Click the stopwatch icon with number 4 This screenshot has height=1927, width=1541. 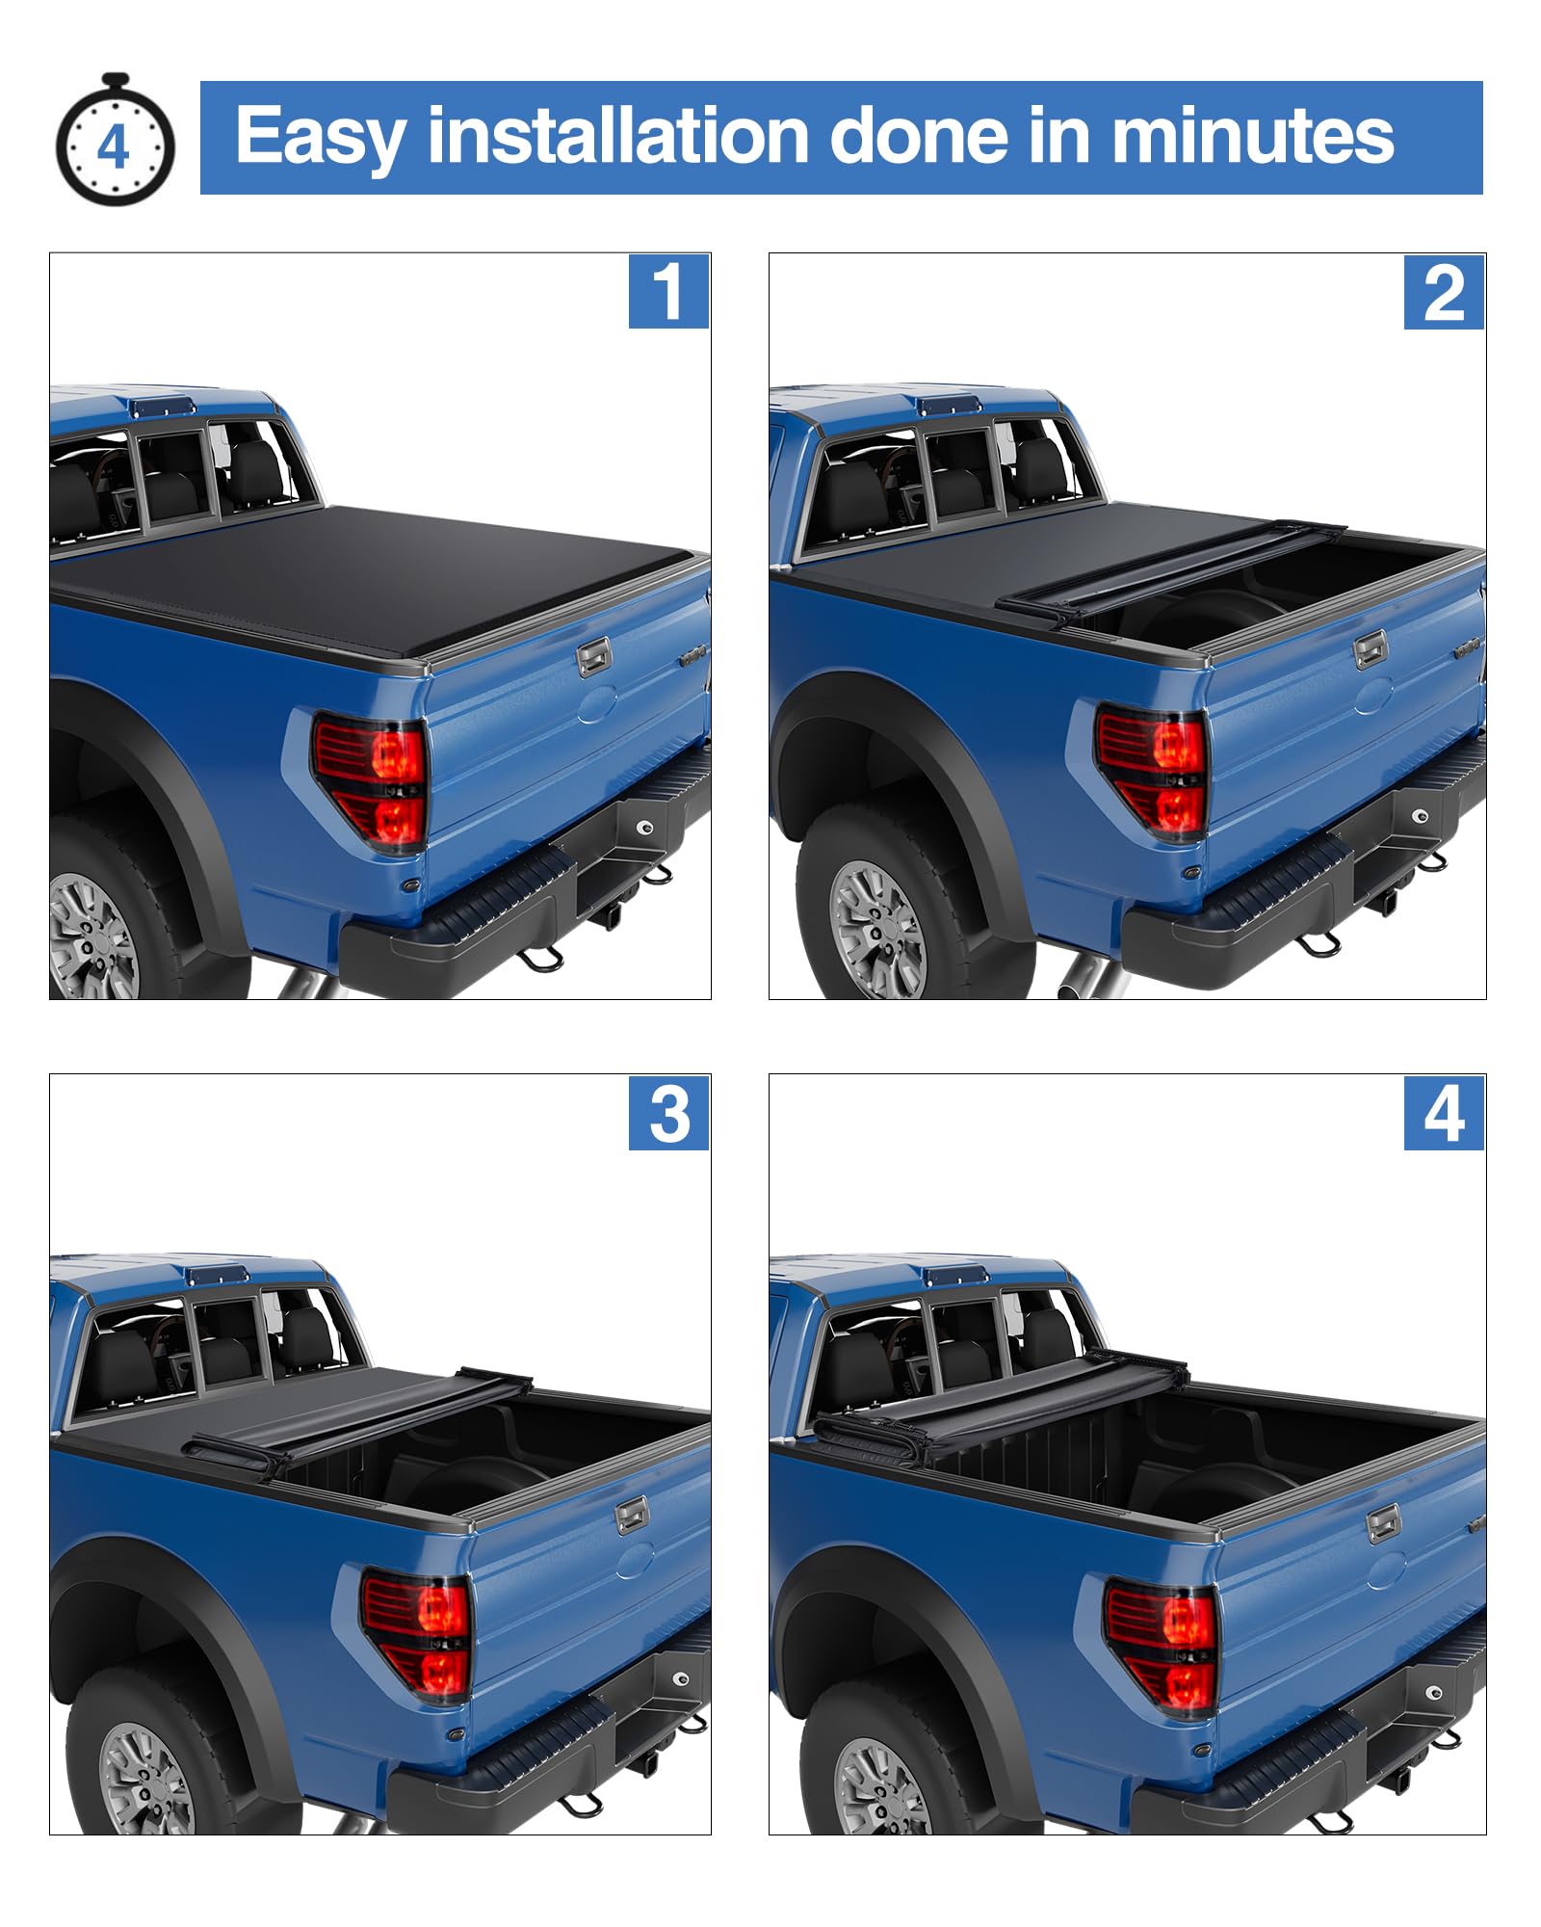click(x=115, y=141)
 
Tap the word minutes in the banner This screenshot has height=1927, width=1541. click(x=1253, y=135)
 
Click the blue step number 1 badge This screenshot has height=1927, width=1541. click(x=669, y=291)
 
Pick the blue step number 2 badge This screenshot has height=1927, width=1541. click(x=1444, y=292)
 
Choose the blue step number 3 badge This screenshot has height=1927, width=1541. click(x=669, y=1113)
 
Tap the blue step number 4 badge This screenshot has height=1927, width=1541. click(x=1444, y=1113)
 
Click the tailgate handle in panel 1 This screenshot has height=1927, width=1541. click(x=594, y=657)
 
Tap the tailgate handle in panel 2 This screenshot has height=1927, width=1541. click(x=1370, y=649)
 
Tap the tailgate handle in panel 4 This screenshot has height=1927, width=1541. click(x=1384, y=1523)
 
